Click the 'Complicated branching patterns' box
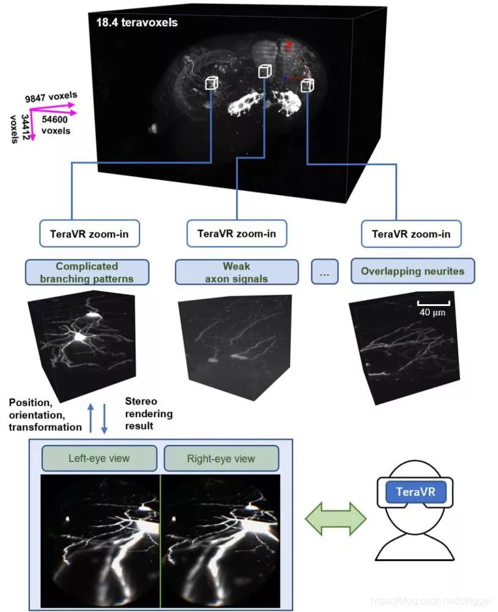click(x=87, y=272)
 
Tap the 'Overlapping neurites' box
click(x=412, y=271)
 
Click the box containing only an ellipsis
click(x=324, y=272)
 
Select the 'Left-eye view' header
click(x=99, y=458)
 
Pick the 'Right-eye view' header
click(x=221, y=458)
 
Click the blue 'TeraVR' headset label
click(x=416, y=492)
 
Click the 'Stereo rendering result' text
click(x=149, y=413)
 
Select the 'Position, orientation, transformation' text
click(x=45, y=415)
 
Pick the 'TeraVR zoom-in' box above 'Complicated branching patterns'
click(x=89, y=234)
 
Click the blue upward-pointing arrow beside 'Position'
click(x=91, y=417)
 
